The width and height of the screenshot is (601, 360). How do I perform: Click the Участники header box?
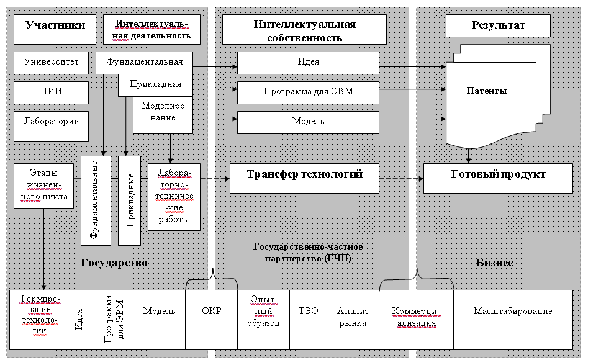(x=55, y=25)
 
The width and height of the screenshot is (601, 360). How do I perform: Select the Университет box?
(x=51, y=63)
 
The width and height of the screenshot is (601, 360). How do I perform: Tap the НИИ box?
(x=51, y=92)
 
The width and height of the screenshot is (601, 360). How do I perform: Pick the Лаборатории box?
(x=51, y=122)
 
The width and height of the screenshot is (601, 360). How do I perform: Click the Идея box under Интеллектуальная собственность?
(x=308, y=63)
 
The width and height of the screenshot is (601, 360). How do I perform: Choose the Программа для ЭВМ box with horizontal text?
(x=308, y=92)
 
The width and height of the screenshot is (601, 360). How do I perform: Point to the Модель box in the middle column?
(x=308, y=122)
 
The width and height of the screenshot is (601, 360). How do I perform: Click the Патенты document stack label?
(x=487, y=91)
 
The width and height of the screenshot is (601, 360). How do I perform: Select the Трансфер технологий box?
(x=304, y=174)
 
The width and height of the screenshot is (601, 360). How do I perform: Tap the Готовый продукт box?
(x=498, y=174)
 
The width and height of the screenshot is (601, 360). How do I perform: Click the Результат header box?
(x=498, y=26)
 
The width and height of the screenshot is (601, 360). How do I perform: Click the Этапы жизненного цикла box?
(x=43, y=185)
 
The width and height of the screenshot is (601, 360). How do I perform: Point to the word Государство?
(x=114, y=263)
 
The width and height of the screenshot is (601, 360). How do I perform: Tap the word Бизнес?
(x=494, y=263)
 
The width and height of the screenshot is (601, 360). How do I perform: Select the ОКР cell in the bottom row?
(x=211, y=312)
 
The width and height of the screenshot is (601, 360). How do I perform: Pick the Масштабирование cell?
(x=513, y=312)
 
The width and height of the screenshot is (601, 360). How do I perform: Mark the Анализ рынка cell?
(x=352, y=317)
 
